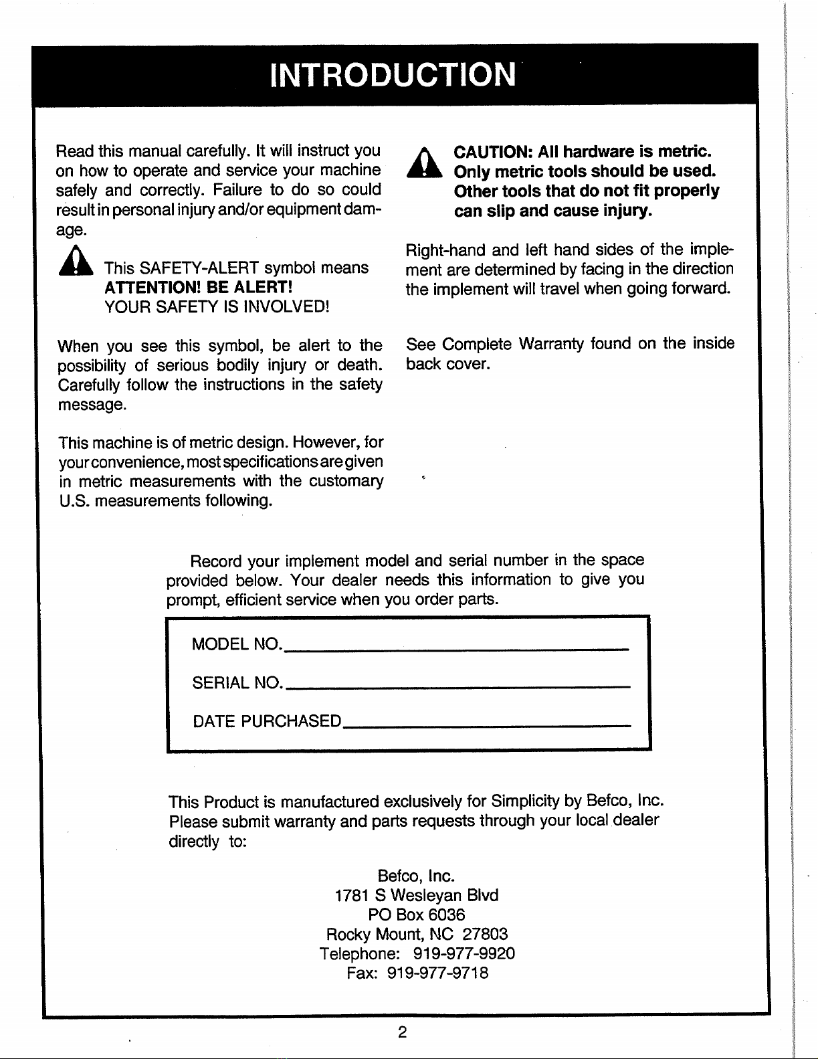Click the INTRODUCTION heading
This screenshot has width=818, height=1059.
(394, 74)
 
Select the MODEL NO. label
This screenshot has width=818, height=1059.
(235, 644)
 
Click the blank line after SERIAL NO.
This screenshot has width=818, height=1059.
(457, 686)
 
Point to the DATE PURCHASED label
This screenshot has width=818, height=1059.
(267, 721)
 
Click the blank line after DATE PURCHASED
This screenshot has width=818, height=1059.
(486, 725)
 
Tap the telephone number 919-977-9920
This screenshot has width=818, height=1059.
(464, 953)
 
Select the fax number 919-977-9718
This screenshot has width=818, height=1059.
(438, 973)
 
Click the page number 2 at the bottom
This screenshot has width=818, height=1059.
(402, 1032)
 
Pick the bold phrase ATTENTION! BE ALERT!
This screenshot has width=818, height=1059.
(198, 288)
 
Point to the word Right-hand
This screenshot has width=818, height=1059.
(445, 250)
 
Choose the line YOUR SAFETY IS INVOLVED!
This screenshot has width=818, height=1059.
(217, 307)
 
